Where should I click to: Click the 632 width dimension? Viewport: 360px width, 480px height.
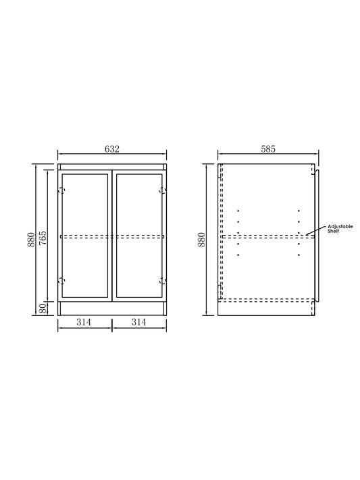[x=112, y=149]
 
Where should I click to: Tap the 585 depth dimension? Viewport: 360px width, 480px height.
[x=268, y=149]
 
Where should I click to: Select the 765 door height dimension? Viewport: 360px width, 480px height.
[x=43, y=238]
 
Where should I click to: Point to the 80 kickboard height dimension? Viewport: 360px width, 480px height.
[x=43, y=309]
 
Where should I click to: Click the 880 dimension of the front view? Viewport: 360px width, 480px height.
[x=30, y=240]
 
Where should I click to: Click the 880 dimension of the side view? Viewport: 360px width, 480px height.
[x=201, y=240]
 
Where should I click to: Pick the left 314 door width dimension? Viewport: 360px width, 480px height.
[x=84, y=322]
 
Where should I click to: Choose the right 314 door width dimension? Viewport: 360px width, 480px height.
[x=138, y=322]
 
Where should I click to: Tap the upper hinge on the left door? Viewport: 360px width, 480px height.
[x=62, y=190]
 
